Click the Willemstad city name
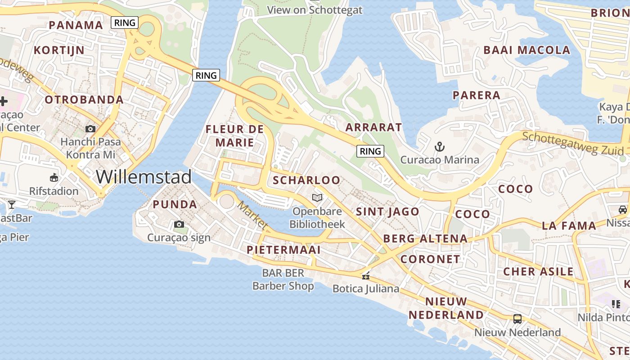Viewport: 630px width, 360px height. (144, 176)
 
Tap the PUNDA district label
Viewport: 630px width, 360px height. (175, 204)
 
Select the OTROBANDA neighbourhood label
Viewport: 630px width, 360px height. (84, 99)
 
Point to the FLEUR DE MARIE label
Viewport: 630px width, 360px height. (234, 136)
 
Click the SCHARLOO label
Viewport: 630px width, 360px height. (306, 180)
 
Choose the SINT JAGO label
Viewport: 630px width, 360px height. (387, 211)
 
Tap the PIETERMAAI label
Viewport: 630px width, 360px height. (283, 250)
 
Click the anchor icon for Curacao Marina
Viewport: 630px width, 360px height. (439, 146)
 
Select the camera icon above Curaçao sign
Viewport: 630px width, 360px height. (179, 224)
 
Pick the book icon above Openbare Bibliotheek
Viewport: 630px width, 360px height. (317, 198)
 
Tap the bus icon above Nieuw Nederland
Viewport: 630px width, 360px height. (517, 319)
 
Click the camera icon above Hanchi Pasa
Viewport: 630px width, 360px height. (90, 129)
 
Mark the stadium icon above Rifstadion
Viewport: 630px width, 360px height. (54, 177)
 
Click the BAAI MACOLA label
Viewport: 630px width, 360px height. (526, 50)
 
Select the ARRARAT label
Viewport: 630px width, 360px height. (373, 127)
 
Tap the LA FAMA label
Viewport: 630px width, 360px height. (569, 225)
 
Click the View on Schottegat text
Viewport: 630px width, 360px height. (315, 10)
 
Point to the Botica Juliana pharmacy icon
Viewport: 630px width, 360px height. (366, 275)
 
